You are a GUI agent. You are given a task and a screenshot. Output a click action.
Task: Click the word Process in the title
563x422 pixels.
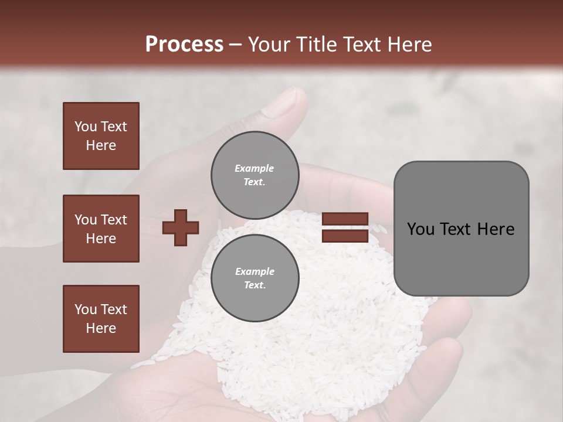click(x=184, y=44)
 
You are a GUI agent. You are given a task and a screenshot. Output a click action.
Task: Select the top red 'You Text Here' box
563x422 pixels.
click(x=101, y=136)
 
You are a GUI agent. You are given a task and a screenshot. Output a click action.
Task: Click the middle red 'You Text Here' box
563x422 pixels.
click(x=101, y=229)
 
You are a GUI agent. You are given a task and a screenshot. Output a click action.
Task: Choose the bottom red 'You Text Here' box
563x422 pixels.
click(x=101, y=319)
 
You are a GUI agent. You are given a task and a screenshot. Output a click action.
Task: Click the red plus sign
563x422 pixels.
click(x=181, y=227)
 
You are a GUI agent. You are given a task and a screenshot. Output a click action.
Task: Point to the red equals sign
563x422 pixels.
click(x=345, y=227)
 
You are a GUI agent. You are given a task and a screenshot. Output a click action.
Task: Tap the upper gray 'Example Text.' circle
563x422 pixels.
click(x=255, y=175)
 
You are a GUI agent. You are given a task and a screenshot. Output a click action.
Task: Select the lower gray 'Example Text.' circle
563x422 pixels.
click(x=255, y=278)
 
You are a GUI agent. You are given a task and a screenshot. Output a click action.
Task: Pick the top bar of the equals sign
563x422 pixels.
click(x=345, y=219)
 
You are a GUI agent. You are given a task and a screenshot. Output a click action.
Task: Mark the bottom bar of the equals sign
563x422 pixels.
click(x=345, y=236)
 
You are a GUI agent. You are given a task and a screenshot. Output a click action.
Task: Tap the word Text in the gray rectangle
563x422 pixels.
click(x=455, y=229)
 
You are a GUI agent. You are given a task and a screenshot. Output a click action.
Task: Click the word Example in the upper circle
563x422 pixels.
click(x=255, y=168)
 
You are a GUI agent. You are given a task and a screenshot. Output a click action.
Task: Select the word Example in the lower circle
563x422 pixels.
click(x=255, y=271)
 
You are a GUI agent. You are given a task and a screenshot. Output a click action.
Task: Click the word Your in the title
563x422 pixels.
click(x=267, y=44)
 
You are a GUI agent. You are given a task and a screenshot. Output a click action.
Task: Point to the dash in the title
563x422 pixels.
click(x=236, y=45)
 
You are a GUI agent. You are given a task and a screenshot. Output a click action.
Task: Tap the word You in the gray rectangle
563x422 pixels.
click(x=420, y=229)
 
